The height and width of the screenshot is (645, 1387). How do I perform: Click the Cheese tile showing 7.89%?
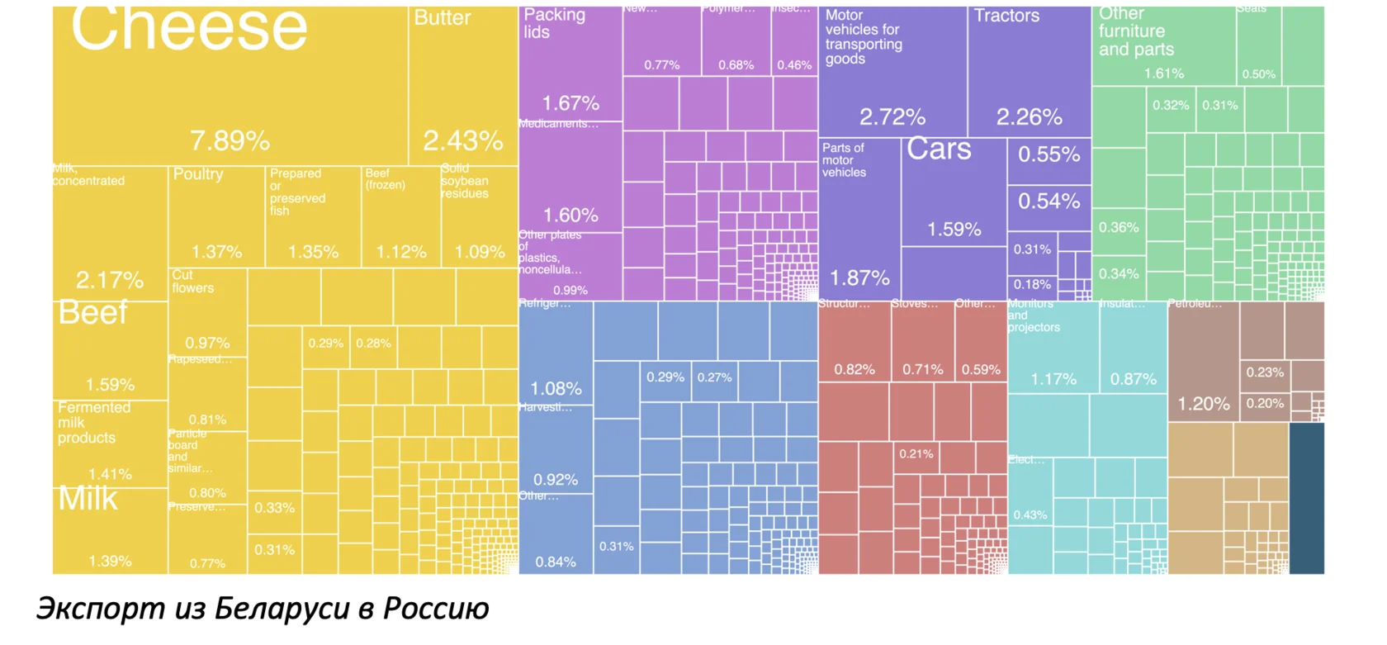(230, 87)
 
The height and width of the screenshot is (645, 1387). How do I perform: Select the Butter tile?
(463, 87)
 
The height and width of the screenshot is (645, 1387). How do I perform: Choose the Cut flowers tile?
(207, 311)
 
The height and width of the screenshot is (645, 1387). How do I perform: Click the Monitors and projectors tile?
(1053, 347)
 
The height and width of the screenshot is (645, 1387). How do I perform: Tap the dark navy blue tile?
(1306, 498)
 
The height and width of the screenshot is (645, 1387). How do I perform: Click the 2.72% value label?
(892, 117)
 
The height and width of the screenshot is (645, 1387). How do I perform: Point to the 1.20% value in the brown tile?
(1203, 404)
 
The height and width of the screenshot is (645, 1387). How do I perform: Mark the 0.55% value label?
(1049, 154)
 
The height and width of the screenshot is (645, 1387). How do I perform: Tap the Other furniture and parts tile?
(1163, 45)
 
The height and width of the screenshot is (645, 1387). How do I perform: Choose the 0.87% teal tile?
(1133, 347)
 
